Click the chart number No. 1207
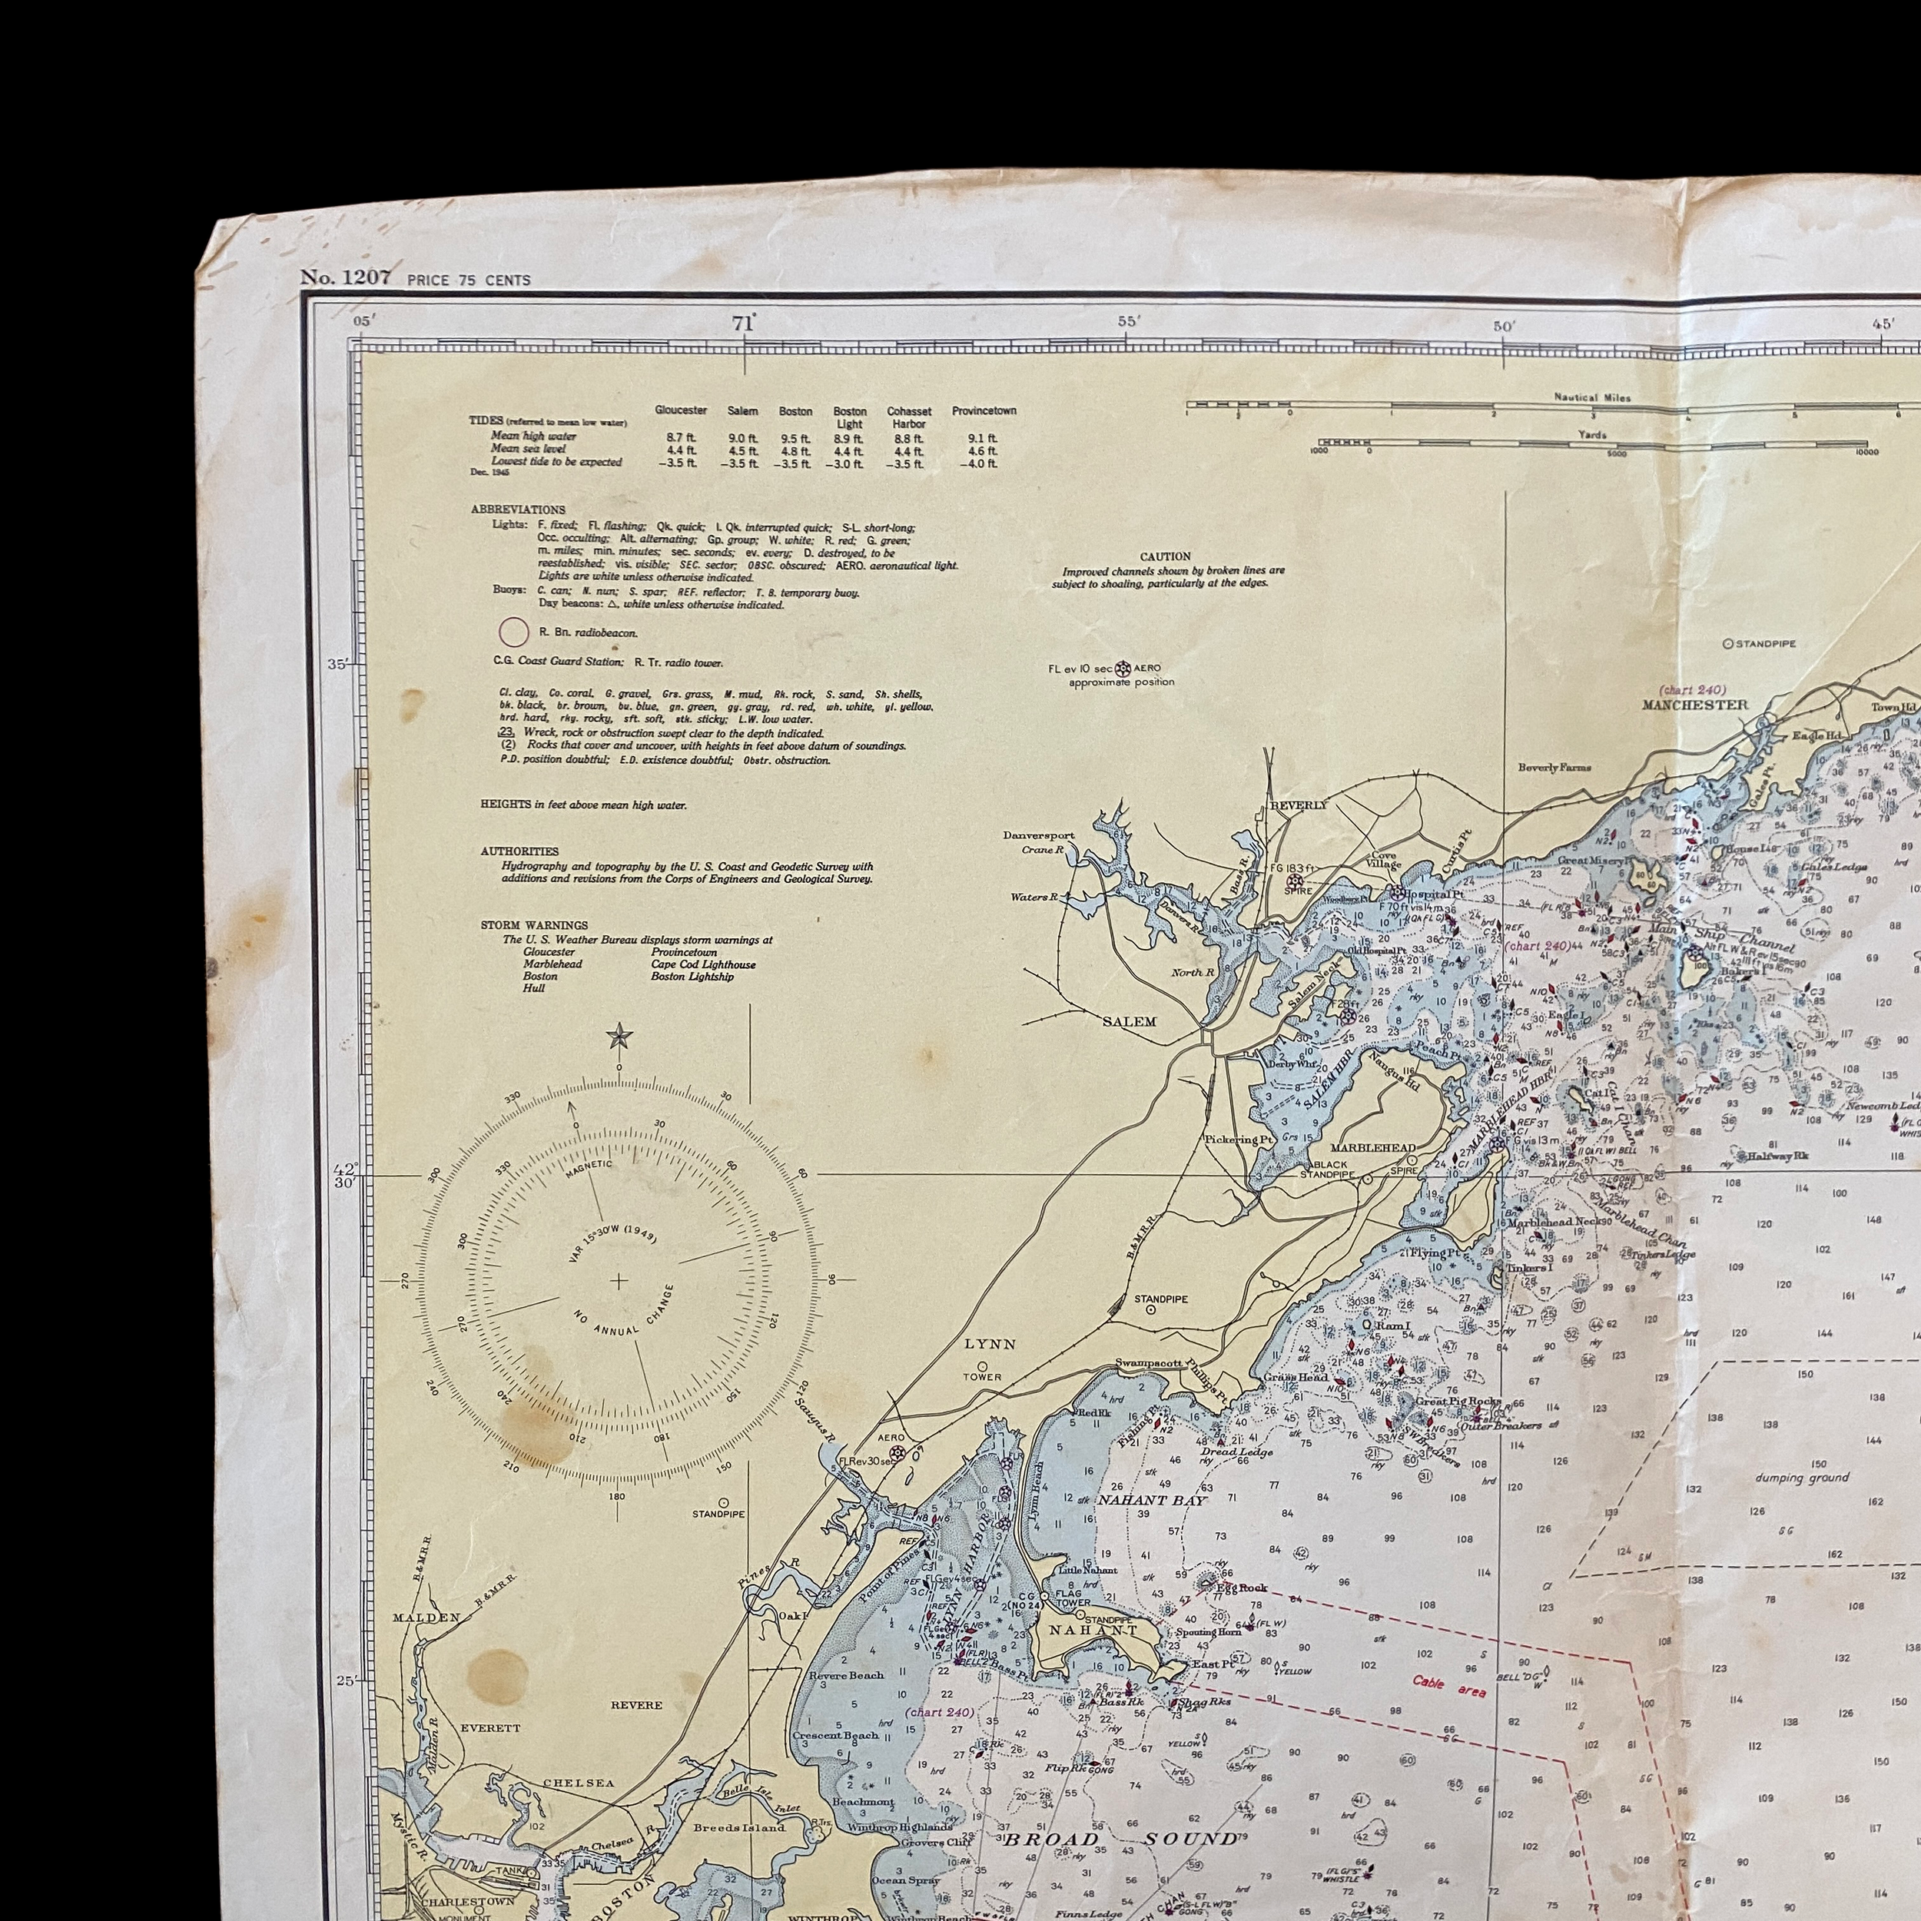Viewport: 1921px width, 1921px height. tap(345, 278)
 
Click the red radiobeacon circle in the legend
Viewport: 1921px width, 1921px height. tap(513, 632)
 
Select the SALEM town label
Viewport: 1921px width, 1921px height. tap(1130, 1021)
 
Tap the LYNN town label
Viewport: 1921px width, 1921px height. tap(990, 1343)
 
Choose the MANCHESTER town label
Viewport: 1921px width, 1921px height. tap(1695, 705)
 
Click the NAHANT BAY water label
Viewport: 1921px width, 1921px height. tap(1151, 1499)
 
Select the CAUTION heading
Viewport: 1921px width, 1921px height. tap(1166, 557)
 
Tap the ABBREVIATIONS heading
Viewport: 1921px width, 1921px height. tap(518, 509)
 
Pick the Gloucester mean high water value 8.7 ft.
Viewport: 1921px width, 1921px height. tap(680, 437)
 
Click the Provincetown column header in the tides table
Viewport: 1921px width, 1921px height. tap(984, 410)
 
